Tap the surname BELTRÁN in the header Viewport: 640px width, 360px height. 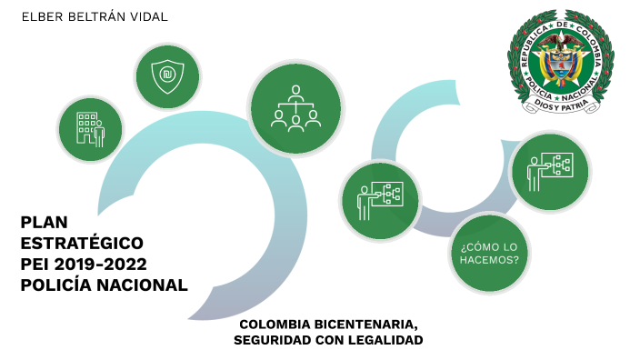coord(99,17)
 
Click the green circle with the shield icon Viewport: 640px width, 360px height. coord(167,75)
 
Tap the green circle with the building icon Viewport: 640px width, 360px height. coord(90,128)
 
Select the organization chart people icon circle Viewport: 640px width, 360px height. coord(295,107)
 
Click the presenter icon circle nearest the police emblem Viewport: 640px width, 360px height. coord(550,171)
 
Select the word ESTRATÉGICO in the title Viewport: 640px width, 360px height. coord(82,243)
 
